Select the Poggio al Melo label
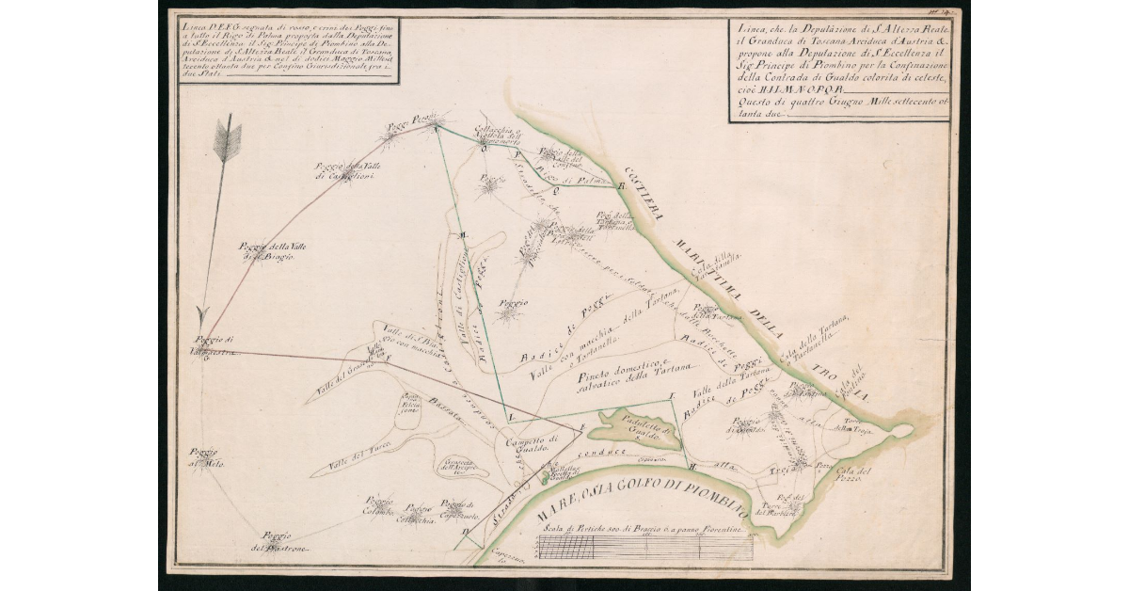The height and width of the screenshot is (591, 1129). [207, 456]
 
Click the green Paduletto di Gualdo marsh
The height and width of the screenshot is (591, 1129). [640, 428]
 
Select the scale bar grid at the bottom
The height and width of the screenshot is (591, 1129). [644, 548]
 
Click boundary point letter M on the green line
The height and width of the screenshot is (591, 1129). [463, 233]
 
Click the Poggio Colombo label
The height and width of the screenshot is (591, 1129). [379, 506]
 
